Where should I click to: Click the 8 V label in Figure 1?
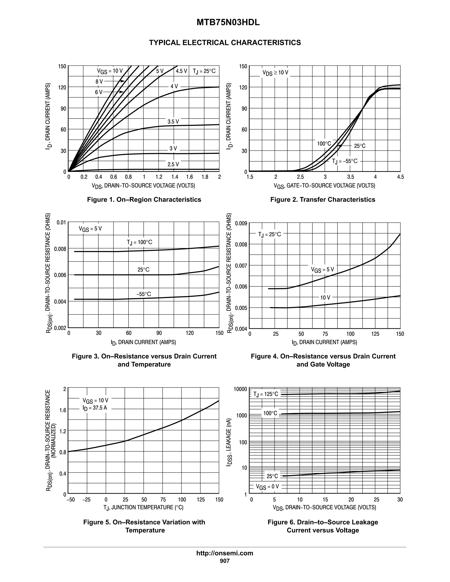(99, 81)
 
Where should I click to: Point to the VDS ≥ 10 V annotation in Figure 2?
(275, 72)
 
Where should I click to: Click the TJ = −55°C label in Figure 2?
(345, 161)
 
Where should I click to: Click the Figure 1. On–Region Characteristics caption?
(144, 200)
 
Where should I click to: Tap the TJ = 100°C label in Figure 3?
(140, 242)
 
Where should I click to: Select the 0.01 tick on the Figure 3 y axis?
(61, 222)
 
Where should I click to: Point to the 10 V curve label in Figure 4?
(325, 298)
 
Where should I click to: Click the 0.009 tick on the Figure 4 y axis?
(241, 223)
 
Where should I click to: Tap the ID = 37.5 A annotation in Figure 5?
(95, 408)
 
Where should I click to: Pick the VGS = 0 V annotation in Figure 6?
(267, 487)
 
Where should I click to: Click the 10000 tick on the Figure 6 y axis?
(240, 389)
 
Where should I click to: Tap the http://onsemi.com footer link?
(225, 553)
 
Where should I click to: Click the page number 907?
(225, 561)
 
